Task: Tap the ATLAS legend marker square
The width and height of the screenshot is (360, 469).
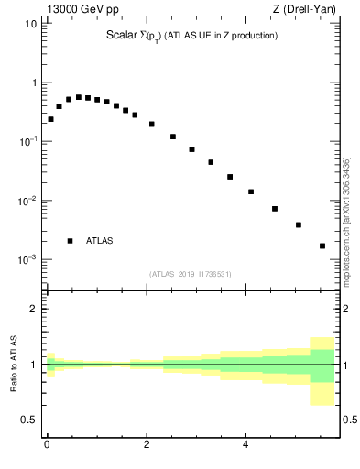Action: point(70,241)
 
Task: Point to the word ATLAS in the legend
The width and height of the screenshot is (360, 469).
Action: point(100,241)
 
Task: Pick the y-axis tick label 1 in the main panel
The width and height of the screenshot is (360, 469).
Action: point(33,82)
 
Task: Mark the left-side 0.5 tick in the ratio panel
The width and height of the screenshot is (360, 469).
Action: point(29,420)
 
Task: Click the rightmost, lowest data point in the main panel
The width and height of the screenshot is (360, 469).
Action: point(322,245)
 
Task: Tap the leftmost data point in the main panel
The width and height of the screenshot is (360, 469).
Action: point(50,119)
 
